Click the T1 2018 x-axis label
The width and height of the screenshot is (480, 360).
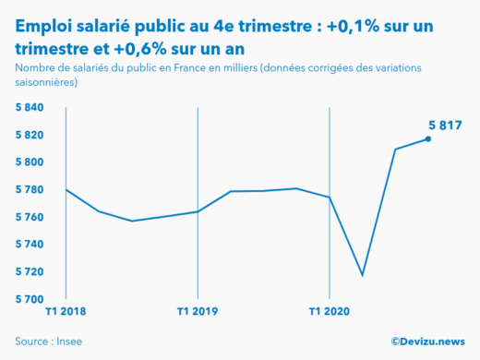click(66, 312)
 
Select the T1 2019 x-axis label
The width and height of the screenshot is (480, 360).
click(198, 312)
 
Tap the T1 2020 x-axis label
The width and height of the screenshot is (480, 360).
click(330, 312)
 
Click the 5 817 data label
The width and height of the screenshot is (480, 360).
click(444, 126)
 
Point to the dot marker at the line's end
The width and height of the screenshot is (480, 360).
click(428, 139)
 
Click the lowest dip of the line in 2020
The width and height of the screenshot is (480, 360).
click(362, 275)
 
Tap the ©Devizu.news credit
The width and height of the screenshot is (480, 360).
click(427, 341)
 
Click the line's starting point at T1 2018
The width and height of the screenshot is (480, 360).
click(66, 189)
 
